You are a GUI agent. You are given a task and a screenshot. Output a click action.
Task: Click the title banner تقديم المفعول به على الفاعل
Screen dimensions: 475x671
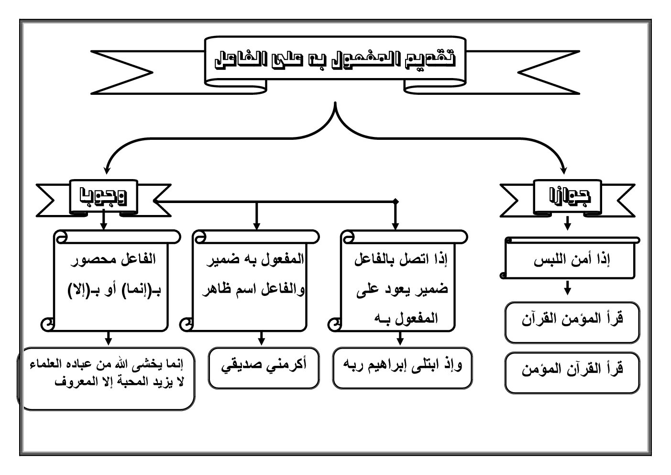[335, 59]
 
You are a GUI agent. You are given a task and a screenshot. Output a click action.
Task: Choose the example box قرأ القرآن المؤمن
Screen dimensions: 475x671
[572, 370]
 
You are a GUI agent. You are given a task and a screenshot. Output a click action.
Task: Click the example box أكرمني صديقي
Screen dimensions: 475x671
[264, 365]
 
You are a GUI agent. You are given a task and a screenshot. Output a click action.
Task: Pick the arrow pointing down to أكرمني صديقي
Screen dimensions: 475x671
[261, 339]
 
